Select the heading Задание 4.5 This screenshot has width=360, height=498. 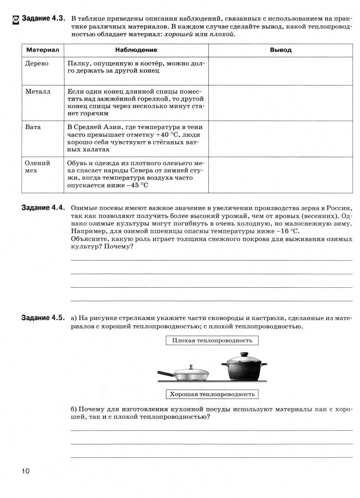click(44, 318)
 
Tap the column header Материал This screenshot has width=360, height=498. click(42, 50)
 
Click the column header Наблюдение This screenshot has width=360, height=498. click(136, 50)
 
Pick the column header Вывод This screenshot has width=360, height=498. click(280, 50)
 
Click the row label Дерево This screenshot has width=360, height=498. click(36, 64)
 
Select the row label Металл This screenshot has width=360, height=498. click(37, 91)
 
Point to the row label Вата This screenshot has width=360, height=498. click(33, 127)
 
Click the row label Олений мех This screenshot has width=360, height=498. click(38, 166)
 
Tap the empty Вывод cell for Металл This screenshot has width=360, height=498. click(280, 102)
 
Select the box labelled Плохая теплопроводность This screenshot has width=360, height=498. click(212, 340)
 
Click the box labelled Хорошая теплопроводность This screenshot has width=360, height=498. click(212, 394)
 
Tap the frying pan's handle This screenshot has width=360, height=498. click(166, 373)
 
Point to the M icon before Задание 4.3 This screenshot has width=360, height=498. click(15, 19)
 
